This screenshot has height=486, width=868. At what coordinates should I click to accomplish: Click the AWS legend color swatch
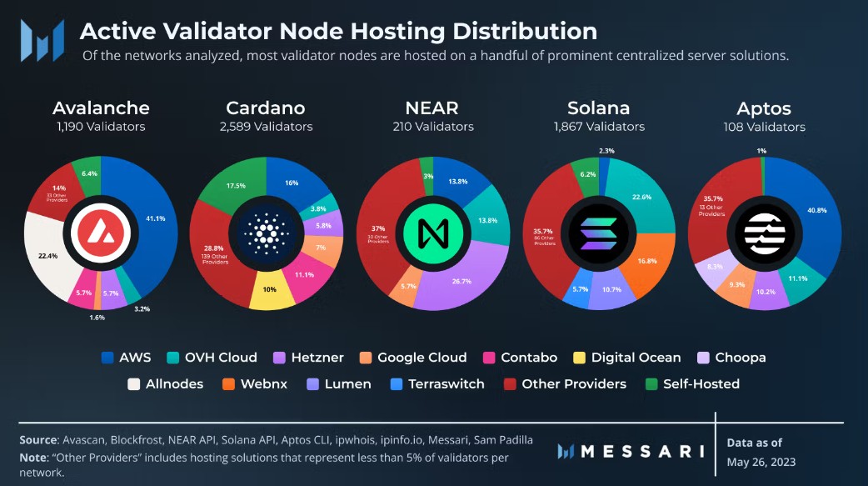pos(107,358)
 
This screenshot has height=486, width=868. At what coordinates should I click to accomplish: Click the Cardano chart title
pos(266,108)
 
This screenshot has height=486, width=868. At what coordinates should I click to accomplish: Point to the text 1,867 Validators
pos(599,127)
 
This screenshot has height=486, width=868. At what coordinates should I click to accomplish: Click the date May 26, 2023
pos(761,462)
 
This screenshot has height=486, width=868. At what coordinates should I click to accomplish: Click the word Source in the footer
pos(38,440)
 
